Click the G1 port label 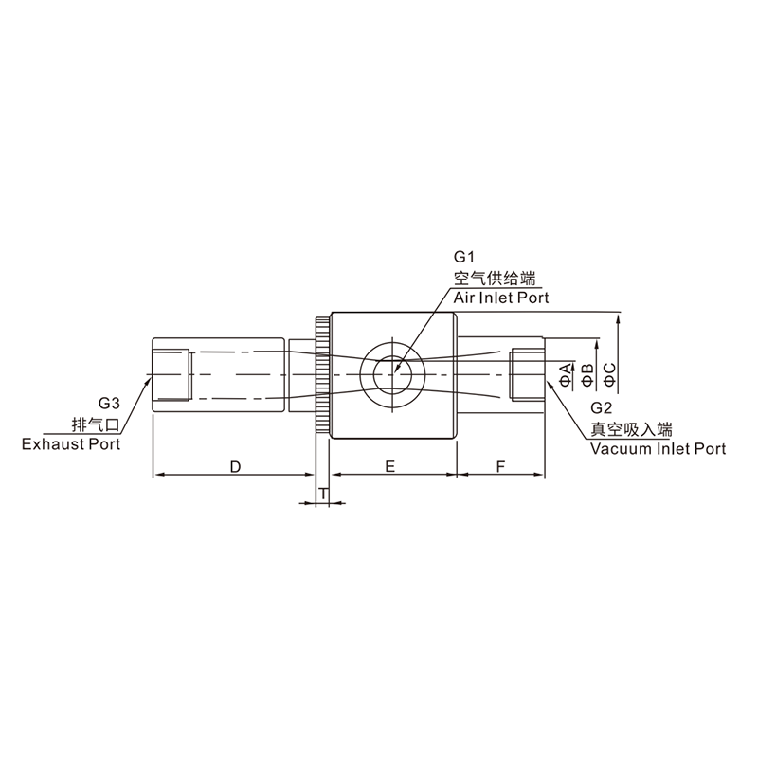[462, 257]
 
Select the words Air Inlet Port [501, 298]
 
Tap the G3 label [109, 403]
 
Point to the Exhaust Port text [71, 444]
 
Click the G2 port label [601, 408]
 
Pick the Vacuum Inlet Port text [658, 449]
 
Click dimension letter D [235, 467]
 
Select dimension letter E [390, 466]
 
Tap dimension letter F [501, 466]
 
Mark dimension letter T [323, 494]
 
